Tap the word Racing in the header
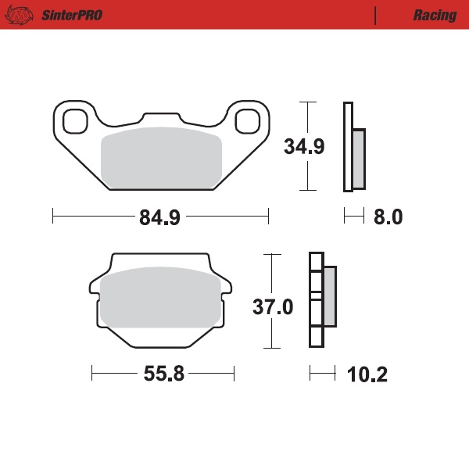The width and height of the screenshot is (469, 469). pos(435,16)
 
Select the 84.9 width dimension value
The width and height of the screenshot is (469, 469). pos(159,218)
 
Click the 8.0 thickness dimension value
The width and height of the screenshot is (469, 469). pos(388,218)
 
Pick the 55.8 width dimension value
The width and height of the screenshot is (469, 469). pos(163,374)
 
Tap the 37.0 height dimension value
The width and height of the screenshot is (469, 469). pos(272,307)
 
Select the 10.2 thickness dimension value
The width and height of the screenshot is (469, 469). pos(367,374)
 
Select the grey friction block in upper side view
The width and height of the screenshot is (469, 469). pos(359,158)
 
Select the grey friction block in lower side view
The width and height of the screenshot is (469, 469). pos(329,296)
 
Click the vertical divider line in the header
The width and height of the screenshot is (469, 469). pos(376,16)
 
